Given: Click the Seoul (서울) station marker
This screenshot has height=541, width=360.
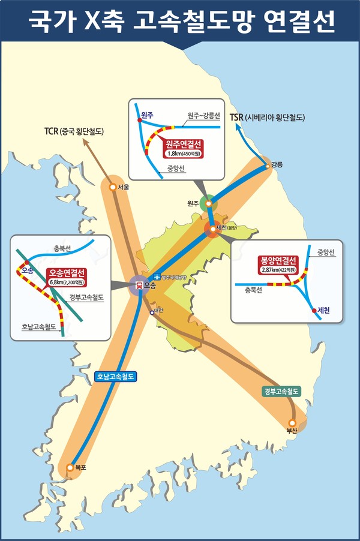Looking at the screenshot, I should click(112, 187).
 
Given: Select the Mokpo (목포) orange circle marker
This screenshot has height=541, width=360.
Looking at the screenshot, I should click(70, 467).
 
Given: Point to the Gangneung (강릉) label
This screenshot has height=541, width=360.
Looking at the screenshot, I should click(277, 164).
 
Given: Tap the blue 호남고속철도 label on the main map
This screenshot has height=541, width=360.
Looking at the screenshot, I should click(117, 377).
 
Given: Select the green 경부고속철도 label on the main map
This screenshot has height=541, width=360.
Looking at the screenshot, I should click(281, 391).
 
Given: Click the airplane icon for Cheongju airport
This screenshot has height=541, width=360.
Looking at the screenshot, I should click(157, 276).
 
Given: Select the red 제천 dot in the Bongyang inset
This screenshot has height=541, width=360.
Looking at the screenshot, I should click(313, 310).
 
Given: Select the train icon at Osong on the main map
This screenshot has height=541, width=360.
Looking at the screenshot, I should click(139, 286).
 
